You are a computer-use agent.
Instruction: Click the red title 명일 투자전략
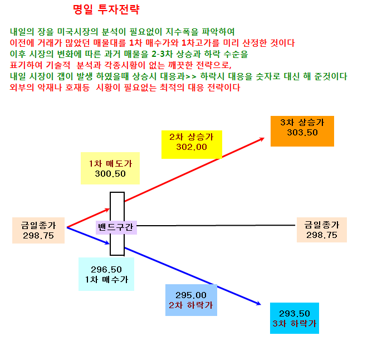click(106, 10)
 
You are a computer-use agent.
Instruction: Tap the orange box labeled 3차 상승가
click(302, 131)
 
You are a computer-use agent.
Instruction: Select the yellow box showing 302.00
click(192, 144)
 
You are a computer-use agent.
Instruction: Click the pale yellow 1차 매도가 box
click(110, 168)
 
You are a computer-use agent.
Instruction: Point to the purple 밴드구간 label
click(116, 227)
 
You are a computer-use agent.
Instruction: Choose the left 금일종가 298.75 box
click(38, 230)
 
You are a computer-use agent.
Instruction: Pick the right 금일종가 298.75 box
click(322, 230)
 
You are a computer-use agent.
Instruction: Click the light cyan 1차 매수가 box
click(106, 274)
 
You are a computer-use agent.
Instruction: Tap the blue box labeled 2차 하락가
click(192, 300)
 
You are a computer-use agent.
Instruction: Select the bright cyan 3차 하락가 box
click(295, 318)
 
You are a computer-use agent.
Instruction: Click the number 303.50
click(302, 133)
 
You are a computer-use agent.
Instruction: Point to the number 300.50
click(110, 174)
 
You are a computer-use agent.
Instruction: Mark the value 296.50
click(106, 270)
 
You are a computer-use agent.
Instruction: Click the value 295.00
click(191, 295)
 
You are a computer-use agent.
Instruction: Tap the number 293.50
click(295, 314)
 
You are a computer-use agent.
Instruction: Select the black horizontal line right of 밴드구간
click(216, 225)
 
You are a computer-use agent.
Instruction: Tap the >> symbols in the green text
click(191, 77)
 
